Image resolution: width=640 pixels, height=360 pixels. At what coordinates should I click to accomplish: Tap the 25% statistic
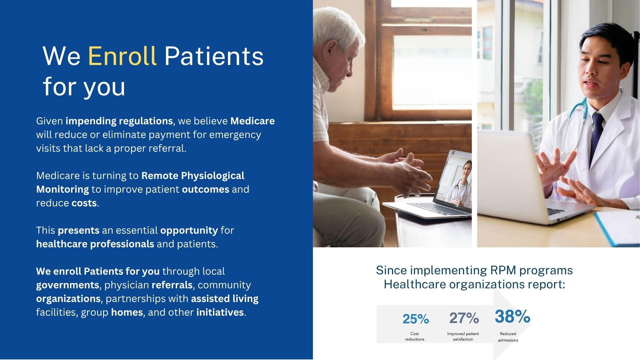click(x=416, y=319)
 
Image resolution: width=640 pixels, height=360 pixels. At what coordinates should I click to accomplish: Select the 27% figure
click(x=464, y=318)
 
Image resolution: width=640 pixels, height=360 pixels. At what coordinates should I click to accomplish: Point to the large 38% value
click(x=512, y=316)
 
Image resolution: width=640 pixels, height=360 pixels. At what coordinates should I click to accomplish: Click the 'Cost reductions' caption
click(x=415, y=336)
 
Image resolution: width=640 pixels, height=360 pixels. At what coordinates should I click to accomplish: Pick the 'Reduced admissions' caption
click(x=508, y=337)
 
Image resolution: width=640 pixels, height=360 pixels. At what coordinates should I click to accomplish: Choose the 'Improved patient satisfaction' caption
click(x=463, y=336)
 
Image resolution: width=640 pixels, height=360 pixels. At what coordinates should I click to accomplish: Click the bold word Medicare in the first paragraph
click(x=252, y=121)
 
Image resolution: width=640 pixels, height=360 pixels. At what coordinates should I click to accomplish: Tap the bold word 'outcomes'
click(x=206, y=189)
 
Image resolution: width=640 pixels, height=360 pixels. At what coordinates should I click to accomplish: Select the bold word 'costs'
click(x=84, y=203)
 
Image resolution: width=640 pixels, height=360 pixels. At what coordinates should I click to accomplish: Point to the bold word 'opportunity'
click(x=189, y=230)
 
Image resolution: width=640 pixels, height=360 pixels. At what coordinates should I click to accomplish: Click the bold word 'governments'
click(x=68, y=285)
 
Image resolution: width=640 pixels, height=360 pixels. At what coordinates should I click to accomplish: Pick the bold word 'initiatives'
click(x=220, y=312)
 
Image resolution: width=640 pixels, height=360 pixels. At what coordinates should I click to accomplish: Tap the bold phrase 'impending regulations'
click(x=119, y=121)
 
